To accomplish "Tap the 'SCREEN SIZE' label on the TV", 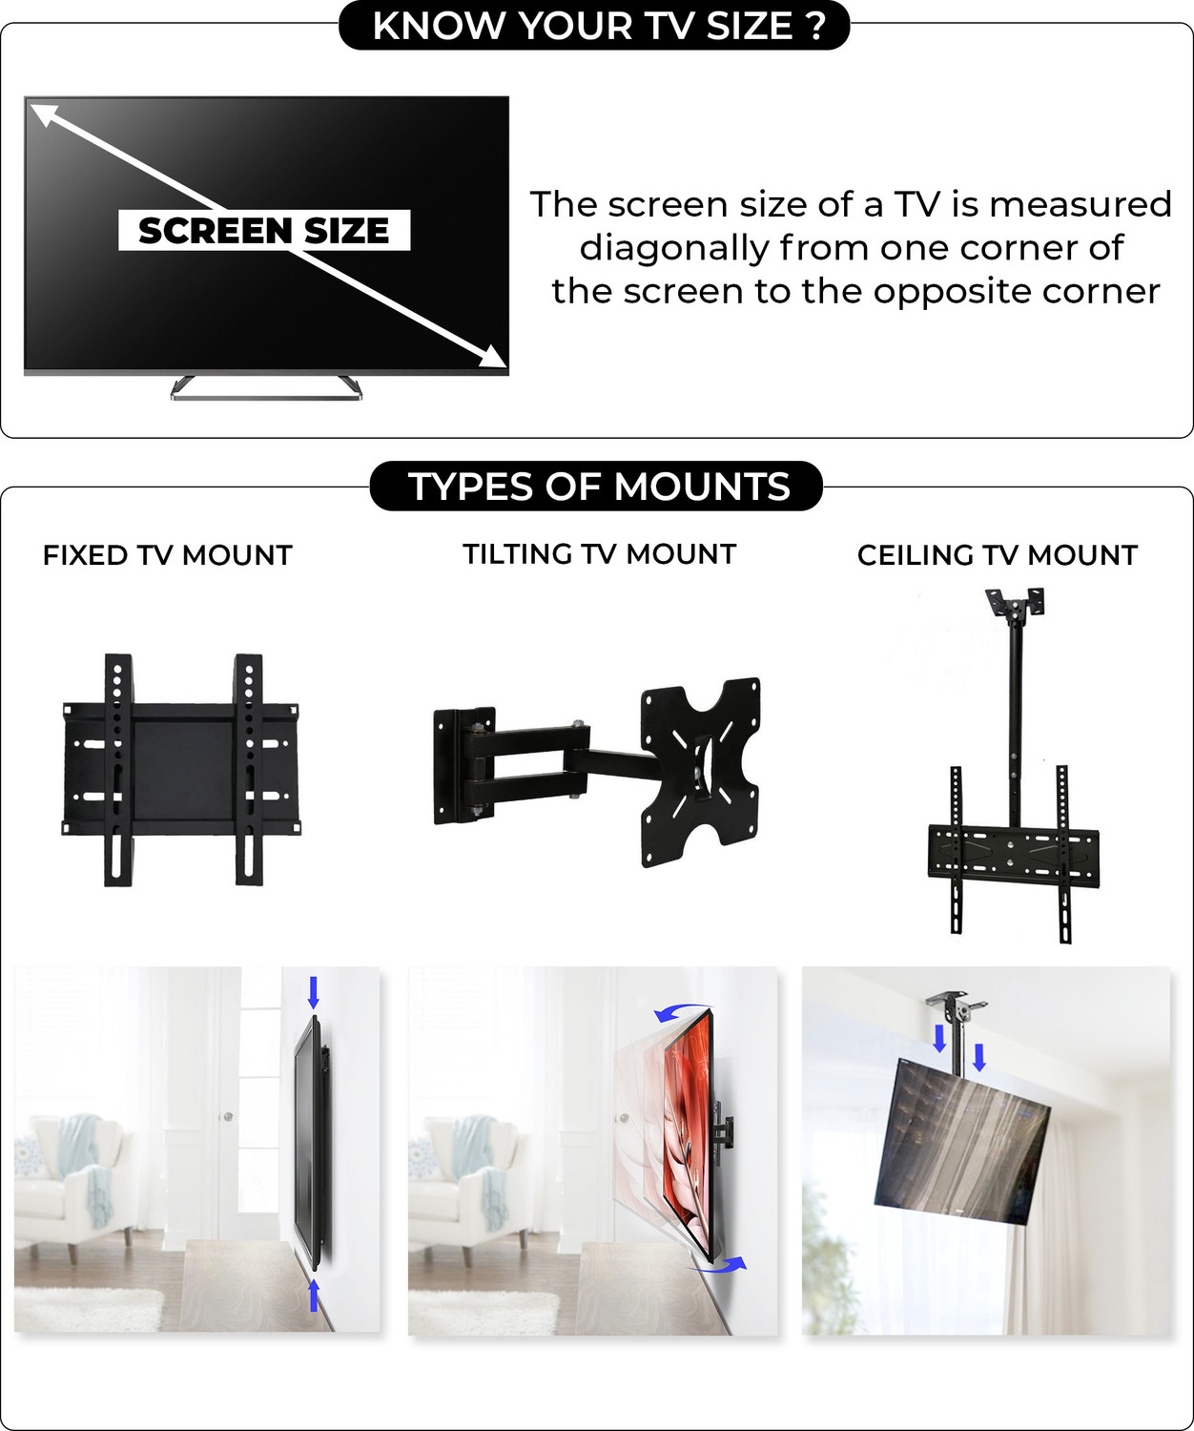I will (264, 230).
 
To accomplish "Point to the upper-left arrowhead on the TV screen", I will (44, 115).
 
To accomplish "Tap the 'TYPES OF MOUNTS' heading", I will (598, 487).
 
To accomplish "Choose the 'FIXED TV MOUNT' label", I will (167, 555).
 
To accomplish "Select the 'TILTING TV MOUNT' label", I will (599, 554).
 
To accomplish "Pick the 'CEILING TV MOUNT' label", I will (997, 555).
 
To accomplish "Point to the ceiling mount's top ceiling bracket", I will (1015, 606).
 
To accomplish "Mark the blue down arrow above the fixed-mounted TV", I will (314, 992).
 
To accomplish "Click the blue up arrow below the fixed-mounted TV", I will (314, 1296).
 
